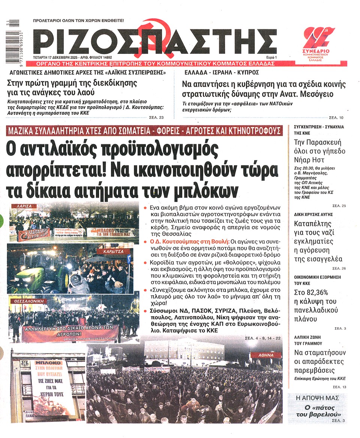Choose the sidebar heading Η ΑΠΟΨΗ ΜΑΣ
pos(317,397)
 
